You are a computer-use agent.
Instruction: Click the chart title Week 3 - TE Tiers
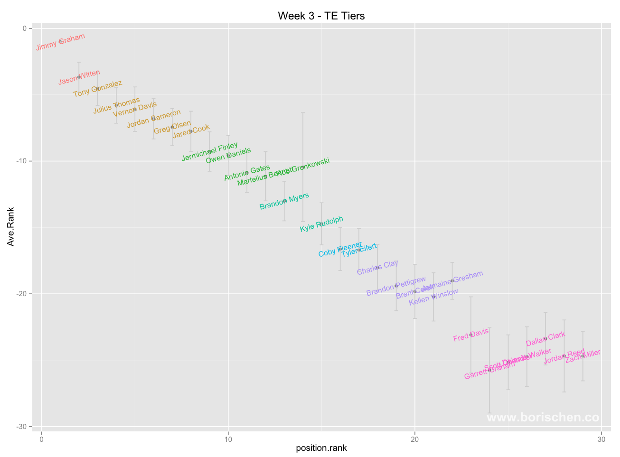[x=321, y=16]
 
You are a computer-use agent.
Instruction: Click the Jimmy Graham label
[x=60, y=42]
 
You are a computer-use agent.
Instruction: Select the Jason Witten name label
[x=79, y=77]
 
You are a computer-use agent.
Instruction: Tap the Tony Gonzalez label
[x=97, y=89]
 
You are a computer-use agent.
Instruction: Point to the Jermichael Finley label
[x=210, y=151]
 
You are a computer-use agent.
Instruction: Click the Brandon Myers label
[x=284, y=201]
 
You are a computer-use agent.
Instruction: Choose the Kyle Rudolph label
[x=321, y=224]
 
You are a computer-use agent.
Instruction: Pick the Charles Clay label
[x=377, y=268]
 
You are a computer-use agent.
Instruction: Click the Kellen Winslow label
[x=433, y=297]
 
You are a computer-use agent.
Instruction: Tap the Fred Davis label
[x=470, y=335]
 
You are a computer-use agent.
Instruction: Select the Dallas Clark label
[x=545, y=339]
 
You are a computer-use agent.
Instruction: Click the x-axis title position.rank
[x=321, y=448]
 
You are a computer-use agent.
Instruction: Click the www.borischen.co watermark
[x=543, y=418]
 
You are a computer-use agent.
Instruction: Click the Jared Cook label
[x=191, y=131]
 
